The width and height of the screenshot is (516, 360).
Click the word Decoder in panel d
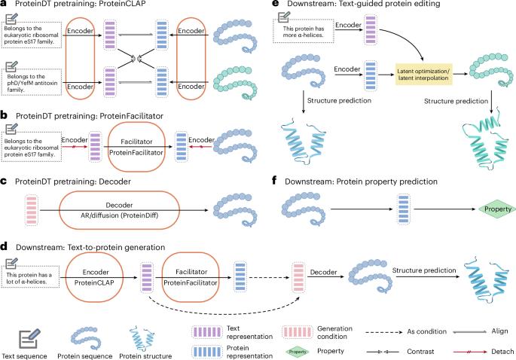tap(326, 269)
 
